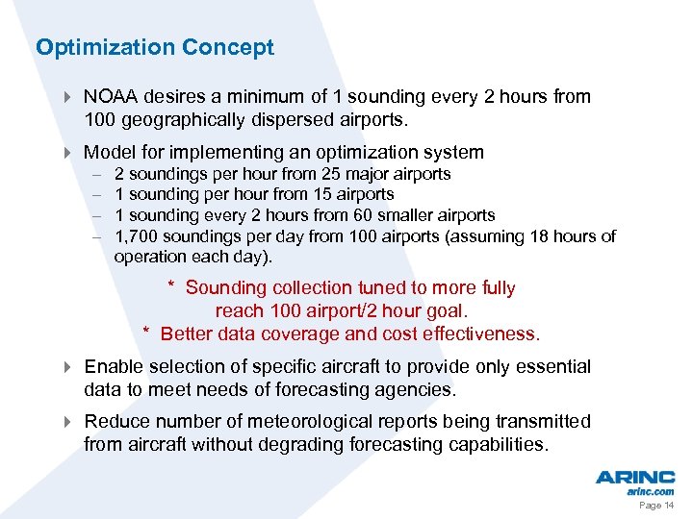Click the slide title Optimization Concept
tap(155, 47)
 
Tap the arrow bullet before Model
tap(67, 153)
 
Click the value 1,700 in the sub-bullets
tap(136, 236)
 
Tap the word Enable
tap(113, 367)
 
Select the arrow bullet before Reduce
tap(67, 422)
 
